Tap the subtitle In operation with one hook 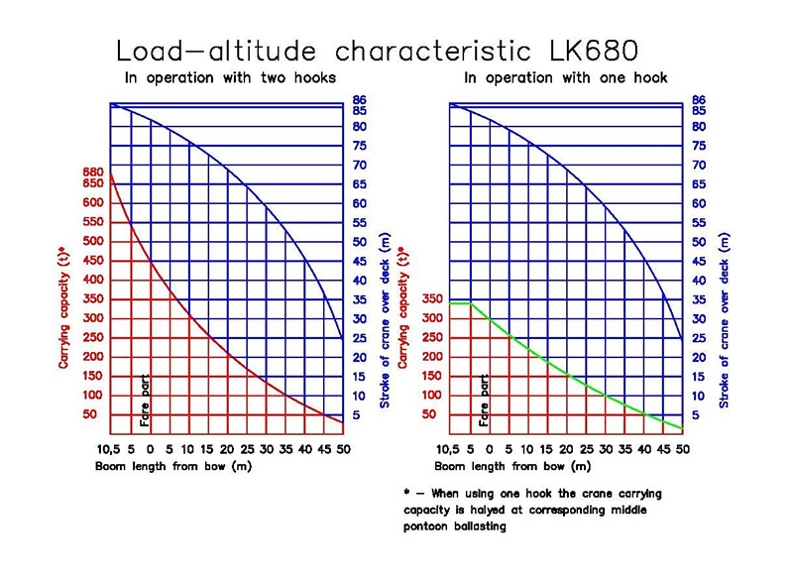point(565,77)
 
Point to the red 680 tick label point(92,172)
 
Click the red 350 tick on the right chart point(432,298)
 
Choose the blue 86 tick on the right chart point(698,99)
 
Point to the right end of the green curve point(683,428)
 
